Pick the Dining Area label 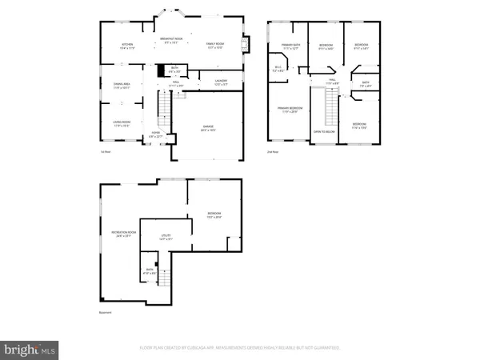click(x=121, y=85)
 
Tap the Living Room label click(x=122, y=124)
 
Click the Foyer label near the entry click(x=156, y=135)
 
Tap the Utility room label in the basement click(x=166, y=237)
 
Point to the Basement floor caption click(x=105, y=313)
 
